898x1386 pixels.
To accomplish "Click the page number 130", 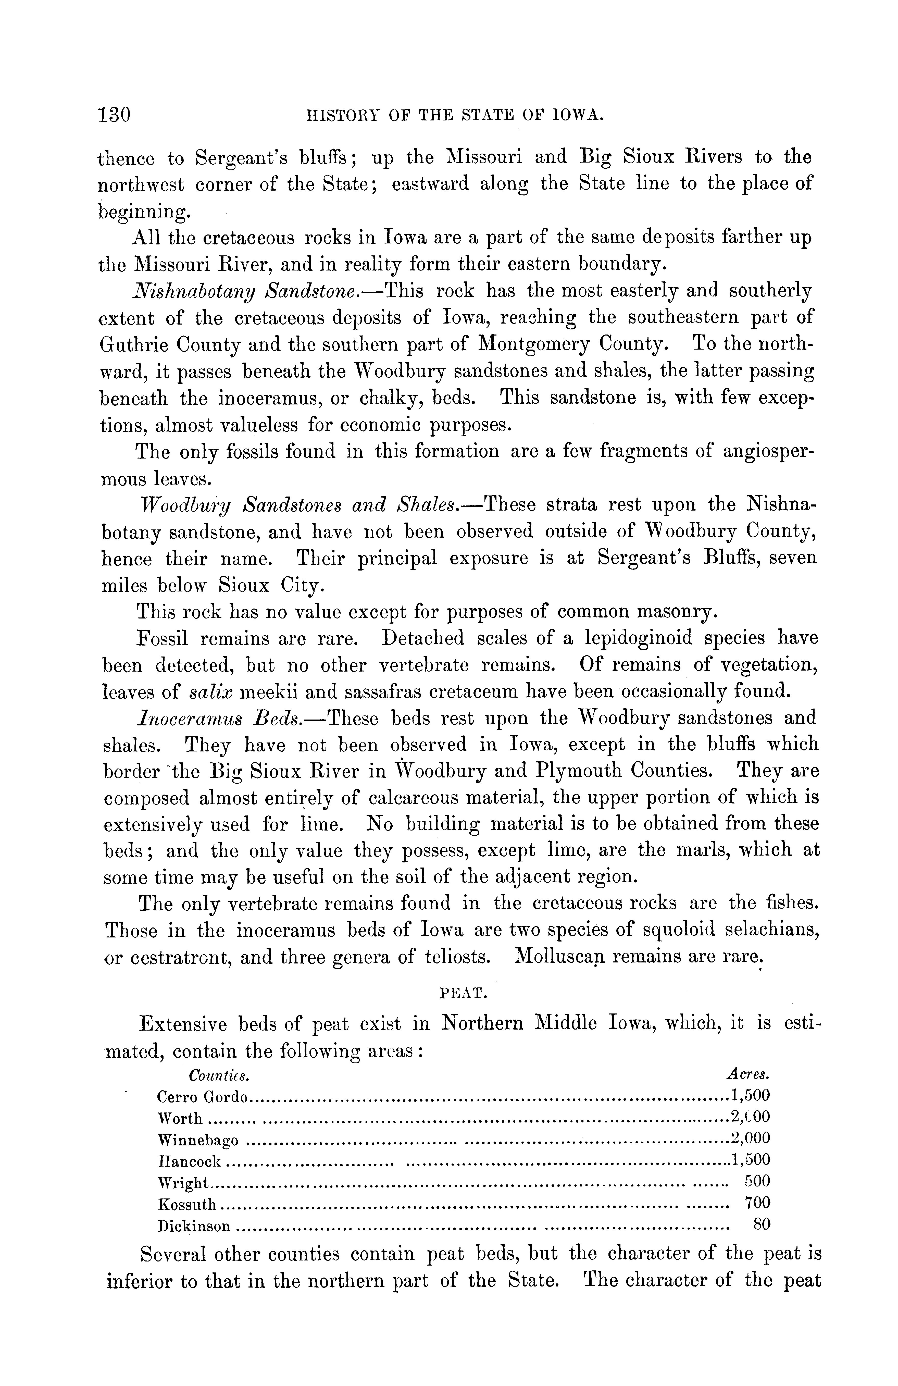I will (x=114, y=115).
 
